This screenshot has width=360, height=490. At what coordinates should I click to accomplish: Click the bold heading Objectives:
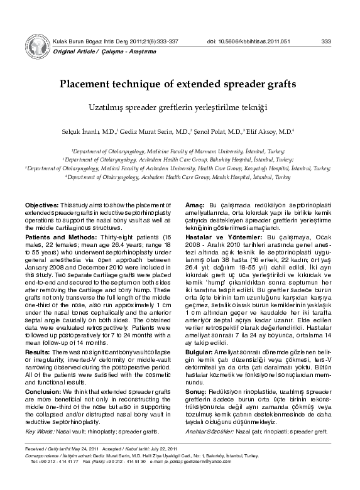click(42, 206)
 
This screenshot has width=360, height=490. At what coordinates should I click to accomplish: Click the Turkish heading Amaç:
click(194, 206)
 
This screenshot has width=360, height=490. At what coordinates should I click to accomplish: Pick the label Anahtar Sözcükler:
click(212, 432)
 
